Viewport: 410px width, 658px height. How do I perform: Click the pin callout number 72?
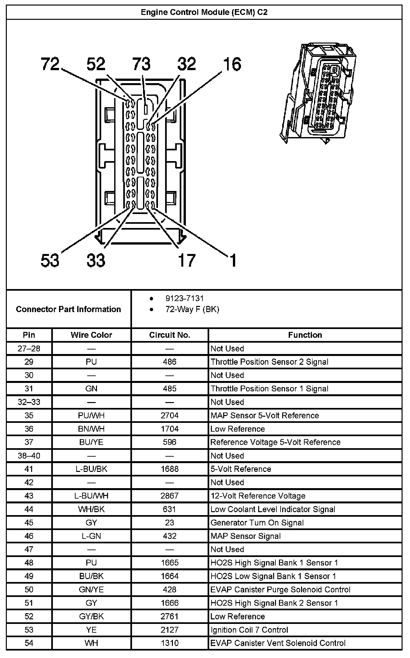[50, 64]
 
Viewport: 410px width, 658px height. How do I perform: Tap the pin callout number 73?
[141, 64]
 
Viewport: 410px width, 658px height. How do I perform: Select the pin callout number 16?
[232, 64]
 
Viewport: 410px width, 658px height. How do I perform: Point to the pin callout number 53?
[50, 260]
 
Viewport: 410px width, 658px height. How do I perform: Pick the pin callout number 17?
[187, 260]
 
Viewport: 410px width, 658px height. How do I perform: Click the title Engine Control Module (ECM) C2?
[204, 12]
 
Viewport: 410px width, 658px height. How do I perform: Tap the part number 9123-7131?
[185, 298]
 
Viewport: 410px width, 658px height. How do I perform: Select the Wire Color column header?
[91, 335]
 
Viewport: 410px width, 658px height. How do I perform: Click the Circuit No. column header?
[169, 335]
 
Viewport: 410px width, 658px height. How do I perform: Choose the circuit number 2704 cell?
[169, 415]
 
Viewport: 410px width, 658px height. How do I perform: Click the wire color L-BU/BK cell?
[91, 469]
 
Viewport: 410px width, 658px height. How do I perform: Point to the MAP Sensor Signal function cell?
[245, 536]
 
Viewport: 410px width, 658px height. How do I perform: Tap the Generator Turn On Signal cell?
[257, 523]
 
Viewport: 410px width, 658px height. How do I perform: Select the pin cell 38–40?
[29, 456]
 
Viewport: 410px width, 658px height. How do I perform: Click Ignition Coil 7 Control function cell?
[249, 630]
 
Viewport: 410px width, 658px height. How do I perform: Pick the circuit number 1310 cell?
[169, 643]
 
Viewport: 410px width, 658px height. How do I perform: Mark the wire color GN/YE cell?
[91, 589]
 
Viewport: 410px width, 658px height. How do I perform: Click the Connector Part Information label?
[68, 309]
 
